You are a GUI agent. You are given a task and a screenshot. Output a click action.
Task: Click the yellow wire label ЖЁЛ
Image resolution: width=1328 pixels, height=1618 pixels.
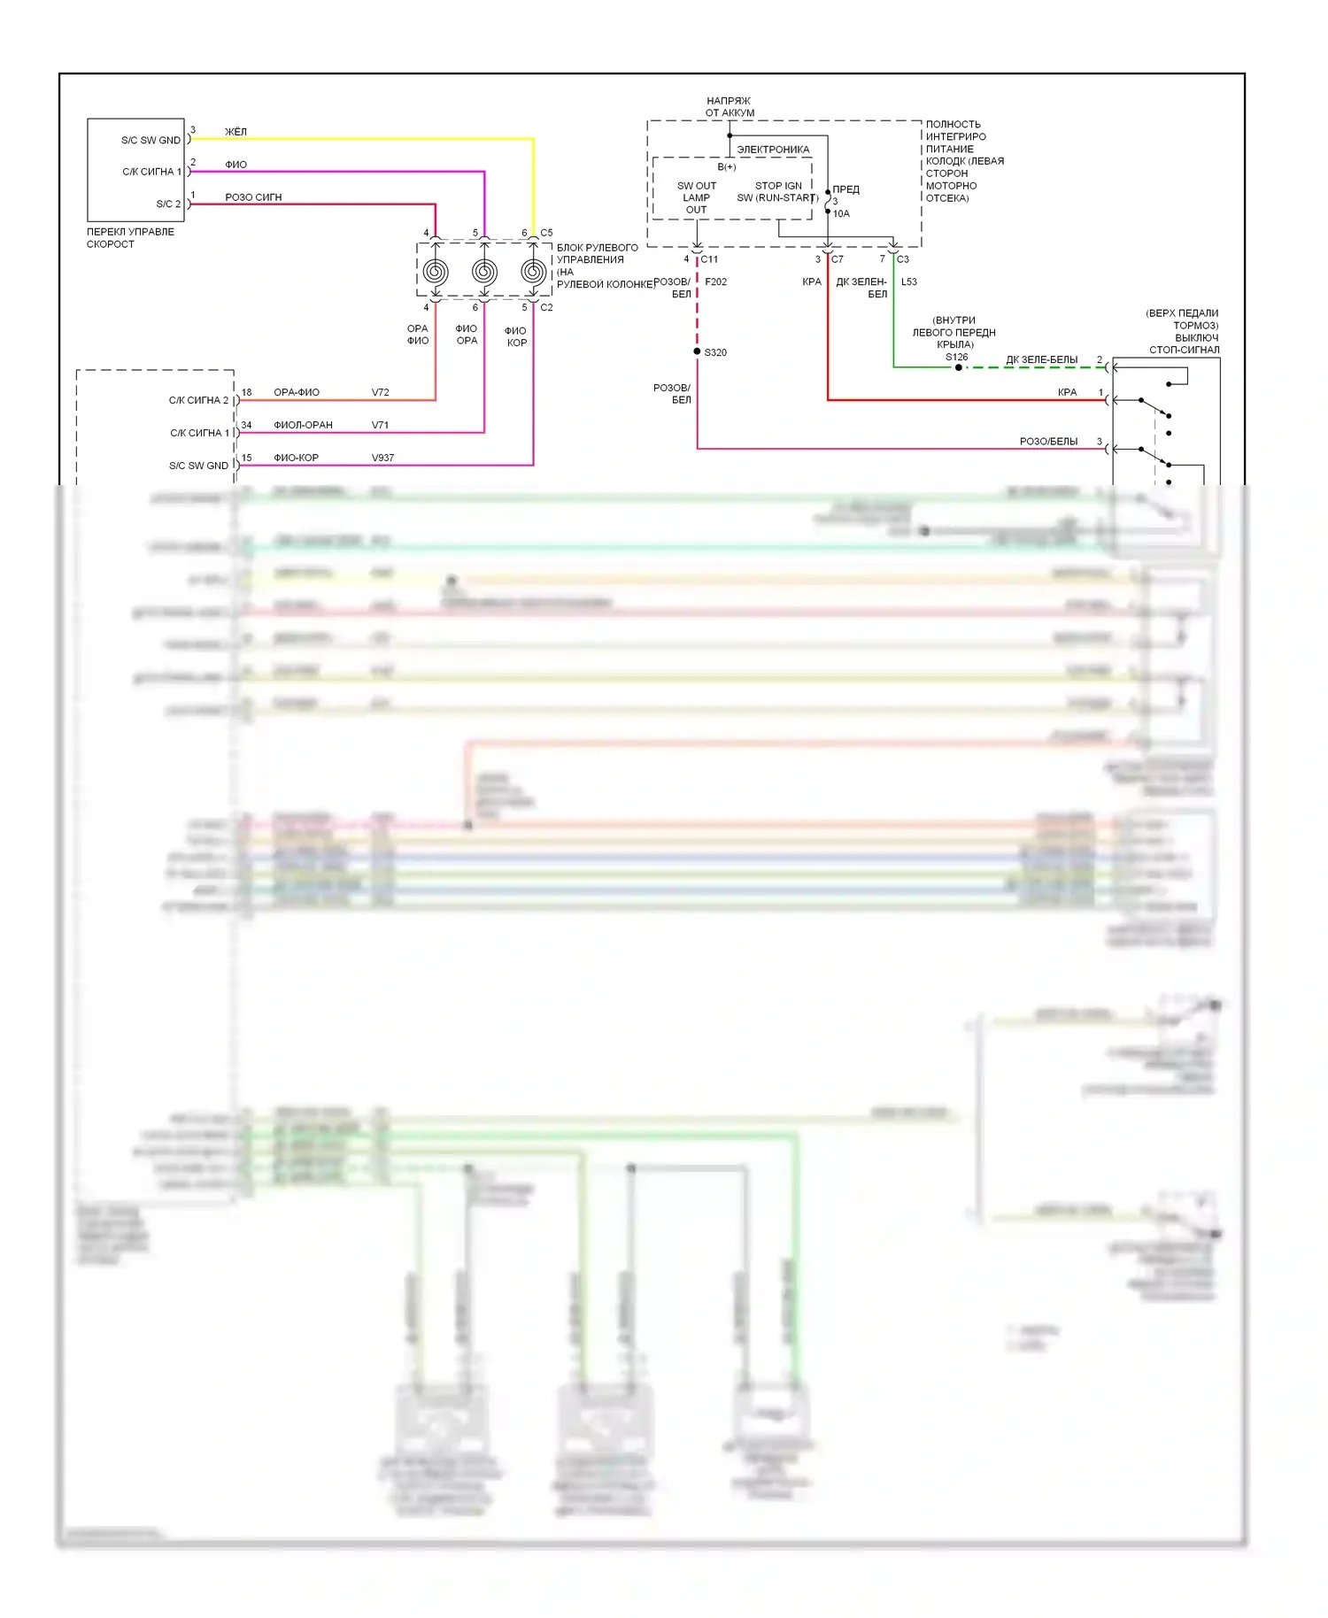(x=235, y=132)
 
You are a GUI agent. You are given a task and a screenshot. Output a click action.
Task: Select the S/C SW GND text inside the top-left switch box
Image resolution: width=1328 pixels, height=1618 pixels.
(x=151, y=140)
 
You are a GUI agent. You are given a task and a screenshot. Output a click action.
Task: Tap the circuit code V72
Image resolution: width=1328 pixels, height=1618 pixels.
(x=380, y=392)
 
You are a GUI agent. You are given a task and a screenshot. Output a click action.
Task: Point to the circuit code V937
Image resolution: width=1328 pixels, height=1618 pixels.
(x=382, y=458)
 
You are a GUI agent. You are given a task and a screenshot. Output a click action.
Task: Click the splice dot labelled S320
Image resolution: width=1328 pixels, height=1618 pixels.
(x=698, y=351)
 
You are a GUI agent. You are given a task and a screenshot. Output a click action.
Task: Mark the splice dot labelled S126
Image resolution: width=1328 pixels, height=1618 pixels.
(x=958, y=367)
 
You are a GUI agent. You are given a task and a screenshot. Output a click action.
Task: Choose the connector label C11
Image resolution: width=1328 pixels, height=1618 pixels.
(x=709, y=259)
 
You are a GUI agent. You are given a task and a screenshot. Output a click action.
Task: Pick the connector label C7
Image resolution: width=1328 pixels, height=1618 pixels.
(x=837, y=259)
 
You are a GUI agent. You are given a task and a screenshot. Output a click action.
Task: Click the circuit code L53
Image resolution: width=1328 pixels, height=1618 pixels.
(x=909, y=281)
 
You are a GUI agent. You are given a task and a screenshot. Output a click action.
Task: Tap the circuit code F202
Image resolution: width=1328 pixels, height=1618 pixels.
(x=715, y=281)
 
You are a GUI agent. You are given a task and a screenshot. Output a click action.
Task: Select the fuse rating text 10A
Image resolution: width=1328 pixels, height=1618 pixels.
(x=841, y=213)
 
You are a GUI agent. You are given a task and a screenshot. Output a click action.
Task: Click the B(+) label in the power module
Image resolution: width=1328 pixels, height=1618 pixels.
(x=726, y=166)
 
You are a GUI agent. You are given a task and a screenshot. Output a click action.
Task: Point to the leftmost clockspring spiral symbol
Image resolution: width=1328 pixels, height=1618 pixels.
(x=436, y=272)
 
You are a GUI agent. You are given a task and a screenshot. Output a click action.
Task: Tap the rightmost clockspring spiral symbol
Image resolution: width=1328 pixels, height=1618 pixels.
(x=533, y=272)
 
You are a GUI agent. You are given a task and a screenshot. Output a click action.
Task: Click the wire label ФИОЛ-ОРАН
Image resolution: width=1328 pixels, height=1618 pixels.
(x=303, y=425)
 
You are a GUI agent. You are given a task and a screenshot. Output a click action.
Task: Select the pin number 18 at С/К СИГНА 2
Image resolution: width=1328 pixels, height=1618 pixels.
(x=246, y=392)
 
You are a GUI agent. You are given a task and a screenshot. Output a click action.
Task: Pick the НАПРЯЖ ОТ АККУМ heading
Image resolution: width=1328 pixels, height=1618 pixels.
(x=729, y=107)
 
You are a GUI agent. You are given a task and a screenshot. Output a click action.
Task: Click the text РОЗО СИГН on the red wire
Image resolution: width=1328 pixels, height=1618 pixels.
(x=253, y=197)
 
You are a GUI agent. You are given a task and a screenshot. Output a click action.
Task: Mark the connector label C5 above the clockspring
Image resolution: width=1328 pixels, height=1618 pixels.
(x=546, y=233)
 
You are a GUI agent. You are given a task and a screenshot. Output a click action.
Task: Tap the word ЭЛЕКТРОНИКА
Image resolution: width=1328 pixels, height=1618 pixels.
(x=773, y=150)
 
